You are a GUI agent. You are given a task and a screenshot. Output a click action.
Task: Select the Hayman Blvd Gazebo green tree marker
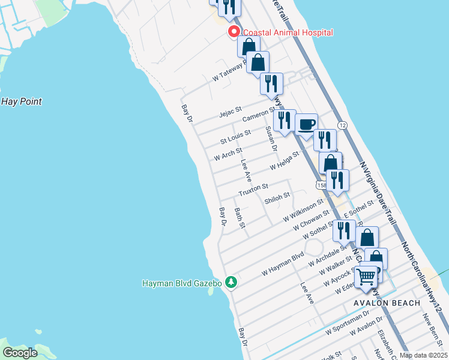pos(231,282)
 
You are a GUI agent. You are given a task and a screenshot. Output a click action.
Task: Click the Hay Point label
pos(22,101)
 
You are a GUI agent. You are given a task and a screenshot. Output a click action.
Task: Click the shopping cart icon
pos(366,277)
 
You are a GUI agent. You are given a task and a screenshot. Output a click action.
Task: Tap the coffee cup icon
pos(306,124)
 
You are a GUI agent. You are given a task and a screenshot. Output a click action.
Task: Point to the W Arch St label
pos(228,155)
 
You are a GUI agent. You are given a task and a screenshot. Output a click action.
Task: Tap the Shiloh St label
pos(278,196)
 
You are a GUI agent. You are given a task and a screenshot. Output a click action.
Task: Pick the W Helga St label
pos(284,161)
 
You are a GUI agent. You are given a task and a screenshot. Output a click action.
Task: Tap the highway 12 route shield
pos(342,125)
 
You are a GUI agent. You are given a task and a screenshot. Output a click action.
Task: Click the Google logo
pos(20,352)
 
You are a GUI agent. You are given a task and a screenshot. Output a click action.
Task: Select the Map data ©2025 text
pos(423,355)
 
